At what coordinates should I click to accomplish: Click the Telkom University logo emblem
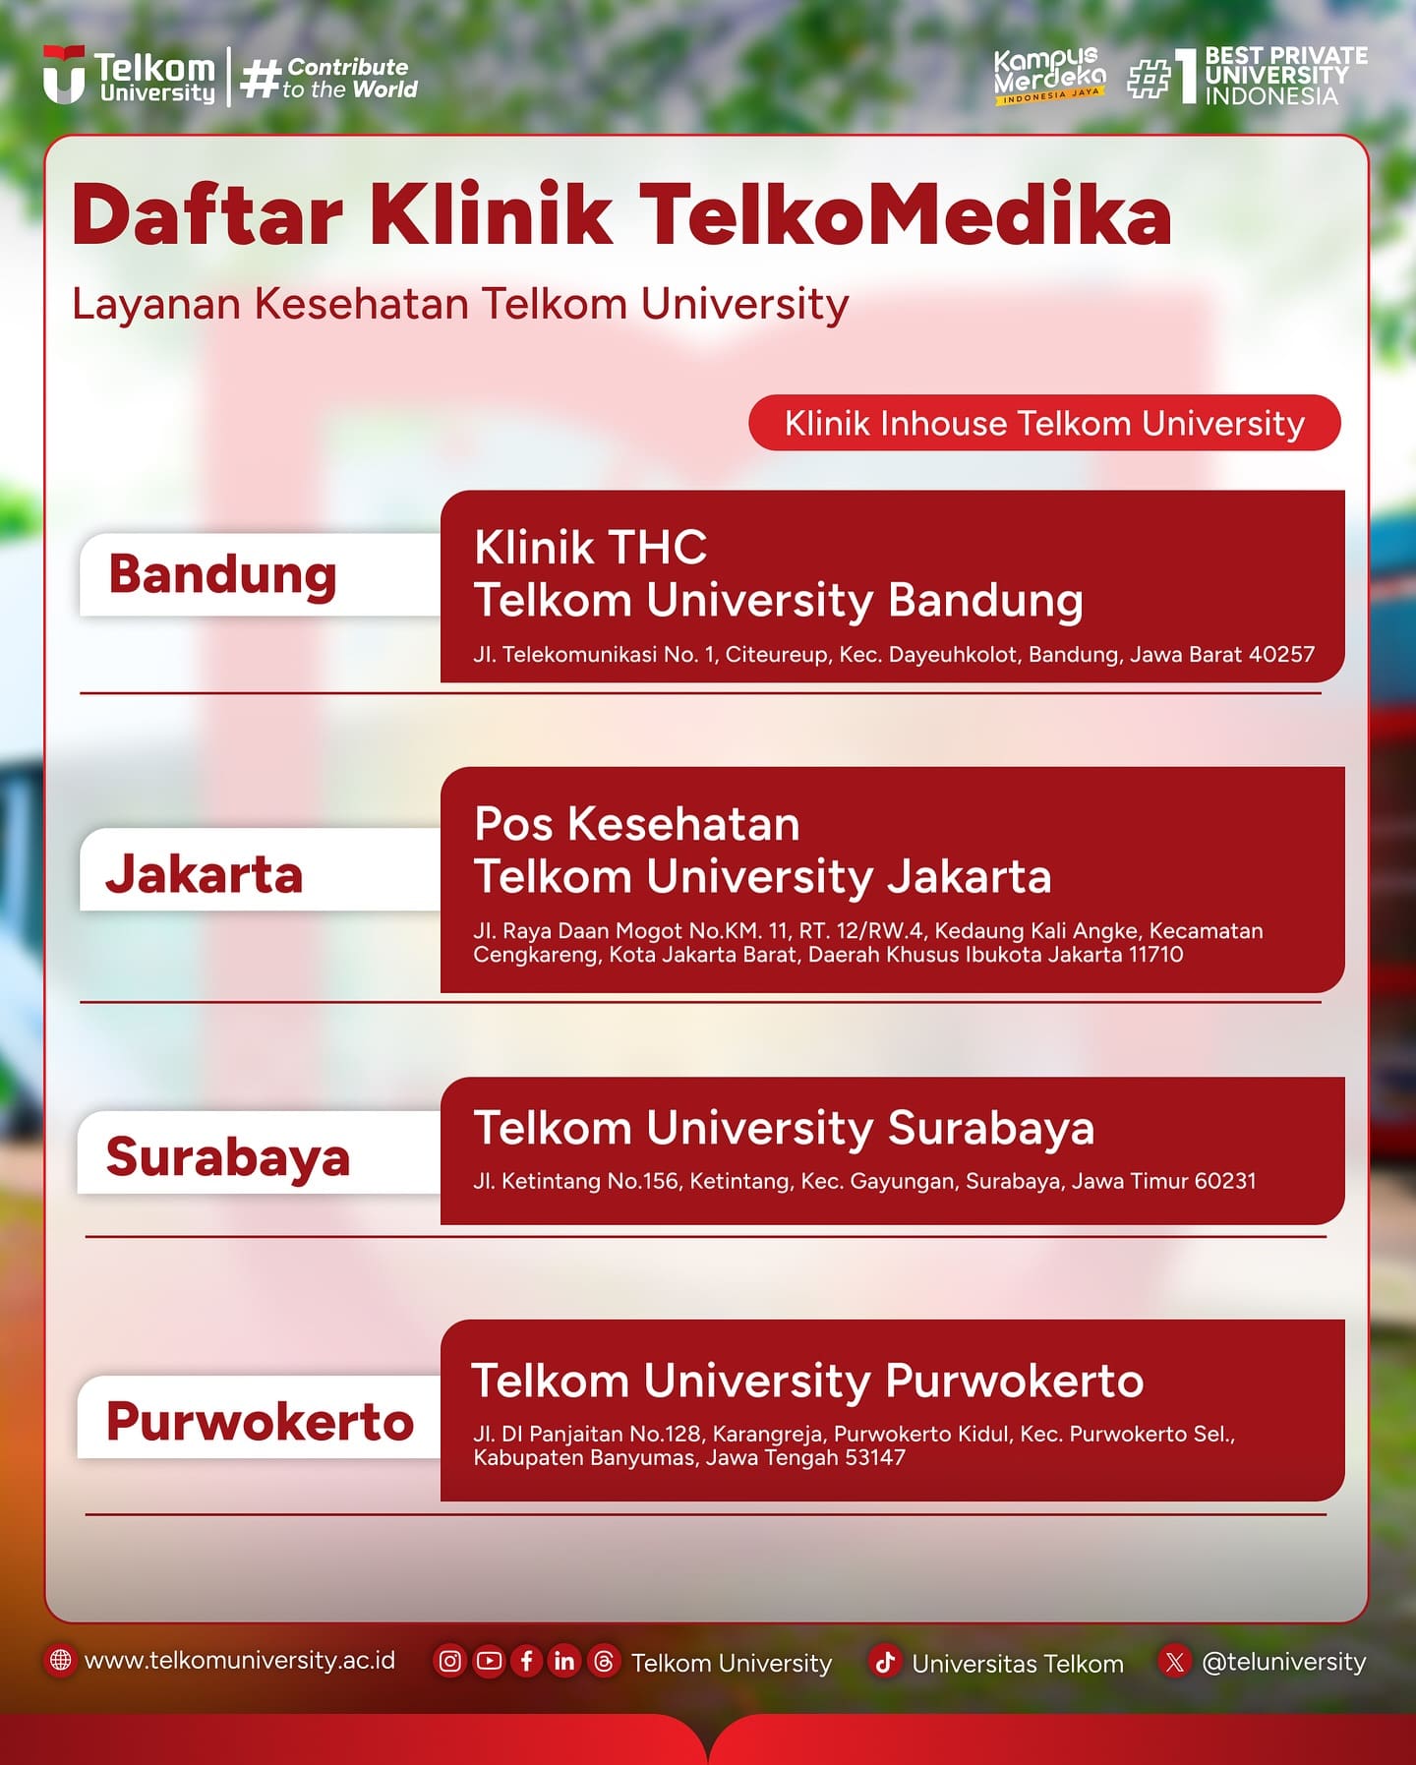[x=64, y=75]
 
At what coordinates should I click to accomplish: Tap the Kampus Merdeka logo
[x=1049, y=76]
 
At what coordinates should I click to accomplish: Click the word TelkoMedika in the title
[x=905, y=214]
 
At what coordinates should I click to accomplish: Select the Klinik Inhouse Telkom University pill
[x=1044, y=423]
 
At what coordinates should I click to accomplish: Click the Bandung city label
[x=223, y=575]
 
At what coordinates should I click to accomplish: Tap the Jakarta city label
[x=205, y=873]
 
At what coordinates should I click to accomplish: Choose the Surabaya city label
[x=228, y=1156]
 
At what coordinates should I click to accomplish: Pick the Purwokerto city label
[x=261, y=1421]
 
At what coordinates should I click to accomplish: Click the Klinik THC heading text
[x=591, y=548]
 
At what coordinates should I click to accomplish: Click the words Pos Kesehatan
[x=637, y=824]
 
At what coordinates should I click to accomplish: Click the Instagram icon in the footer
[x=449, y=1661]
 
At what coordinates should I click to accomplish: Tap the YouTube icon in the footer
[x=489, y=1661]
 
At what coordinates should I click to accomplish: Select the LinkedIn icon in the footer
[x=564, y=1661]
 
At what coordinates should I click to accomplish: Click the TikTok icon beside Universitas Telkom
[x=885, y=1662]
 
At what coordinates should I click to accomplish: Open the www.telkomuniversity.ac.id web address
[x=240, y=1661]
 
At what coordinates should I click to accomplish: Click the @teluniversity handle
[x=1284, y=1662]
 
